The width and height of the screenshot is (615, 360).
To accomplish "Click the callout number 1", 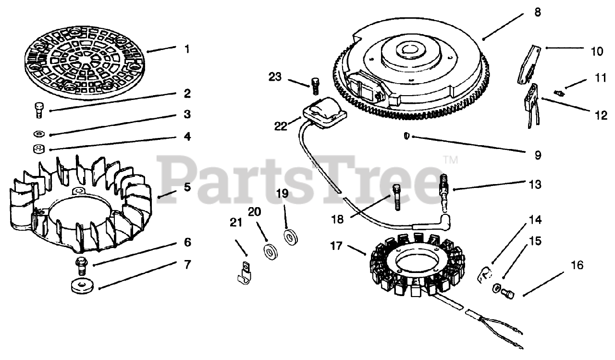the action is tap(187, 49).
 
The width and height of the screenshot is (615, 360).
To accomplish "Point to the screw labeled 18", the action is tap(397, 197).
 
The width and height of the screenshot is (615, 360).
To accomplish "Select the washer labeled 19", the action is tap(290, 238).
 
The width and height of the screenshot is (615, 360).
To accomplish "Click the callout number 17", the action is tap(337, 247).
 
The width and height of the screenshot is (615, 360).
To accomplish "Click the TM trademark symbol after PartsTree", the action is tap(450, 159).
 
